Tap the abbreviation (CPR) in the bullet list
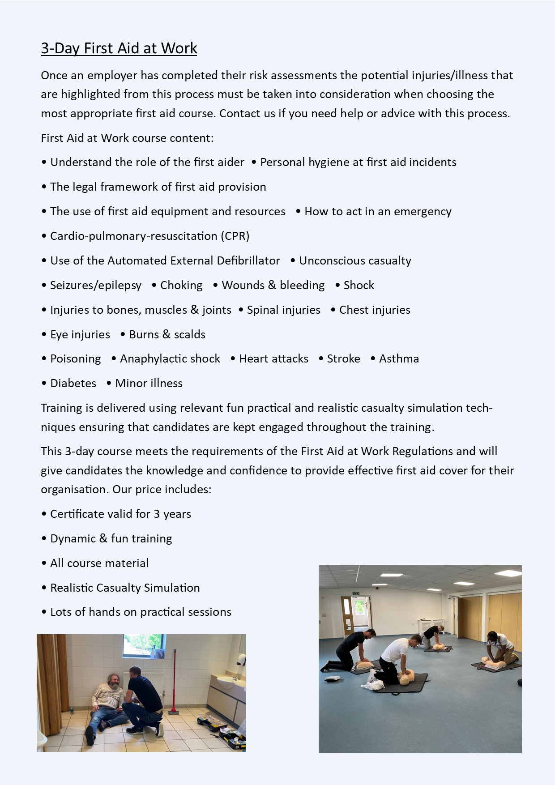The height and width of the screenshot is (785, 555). click(x=235, y=236)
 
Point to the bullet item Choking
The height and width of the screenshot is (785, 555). click(x=181, y=285)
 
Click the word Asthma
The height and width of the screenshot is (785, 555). click(x=399, y=358)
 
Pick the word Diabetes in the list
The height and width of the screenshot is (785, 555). click(x=73, y=383)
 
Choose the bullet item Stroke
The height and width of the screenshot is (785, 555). click(x=343, y=358)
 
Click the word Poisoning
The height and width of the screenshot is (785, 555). click(x=75, y=358)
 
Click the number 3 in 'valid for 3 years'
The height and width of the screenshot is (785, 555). click(x=157, y=514)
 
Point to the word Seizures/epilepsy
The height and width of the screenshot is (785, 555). click(x=95, y=285)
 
